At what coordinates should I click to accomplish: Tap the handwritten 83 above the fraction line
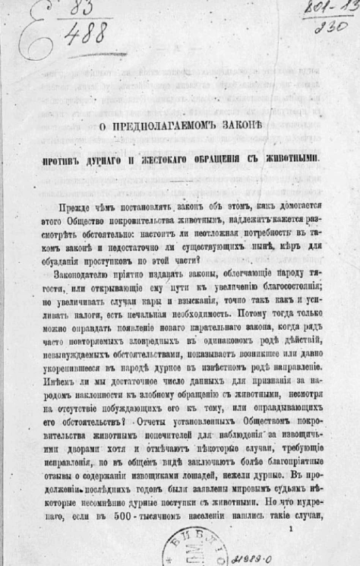(78, 10)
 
